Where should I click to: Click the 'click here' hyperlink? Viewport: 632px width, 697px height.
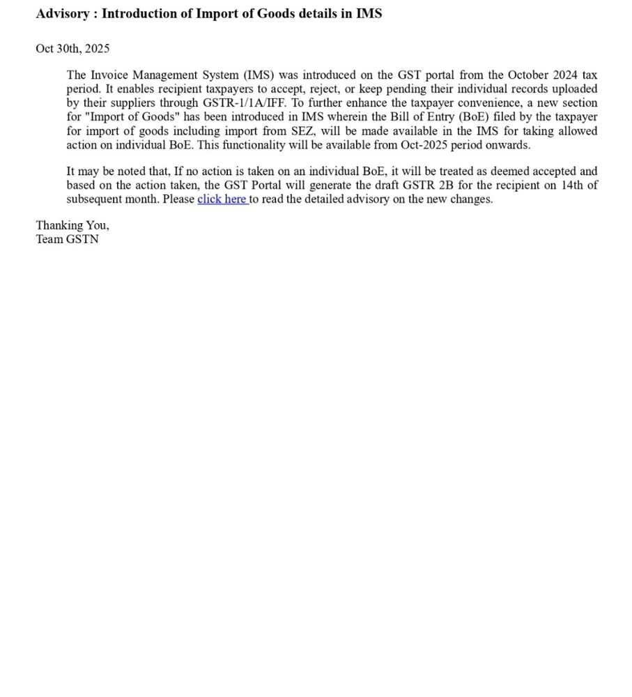pos(222,199)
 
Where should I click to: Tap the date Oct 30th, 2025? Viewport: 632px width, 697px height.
pos(72,49)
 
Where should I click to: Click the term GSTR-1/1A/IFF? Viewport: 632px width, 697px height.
pos(244,103)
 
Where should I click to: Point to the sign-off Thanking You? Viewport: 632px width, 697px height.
pos(72,225)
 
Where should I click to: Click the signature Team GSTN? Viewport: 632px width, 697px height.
pos(68,239)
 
